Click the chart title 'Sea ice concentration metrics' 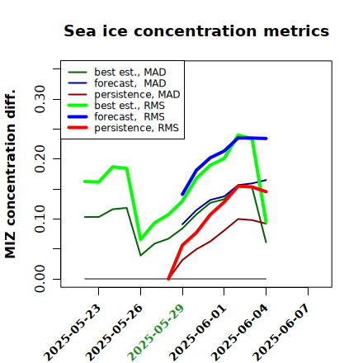[196, 31]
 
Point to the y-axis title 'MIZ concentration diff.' [11, 174]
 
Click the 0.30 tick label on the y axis [40, 99]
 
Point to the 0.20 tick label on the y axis [40, 159]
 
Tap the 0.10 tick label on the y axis [40, 219]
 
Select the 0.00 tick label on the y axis [40, 279]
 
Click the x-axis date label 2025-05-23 [72, 333]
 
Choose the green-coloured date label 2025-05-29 [156, 333]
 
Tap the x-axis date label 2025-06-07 [281, 333]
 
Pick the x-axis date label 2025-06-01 [197, 333]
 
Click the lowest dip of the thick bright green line [141, 239]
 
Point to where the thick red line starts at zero [168, 279]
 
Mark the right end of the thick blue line [266, 139]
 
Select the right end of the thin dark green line [266, 243]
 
